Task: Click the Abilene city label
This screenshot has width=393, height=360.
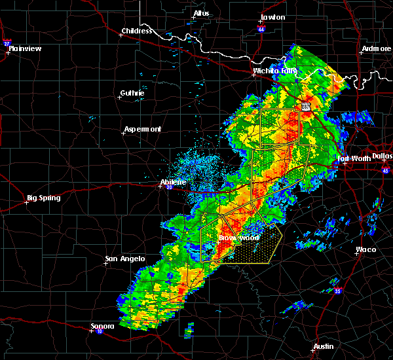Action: coord(174,182)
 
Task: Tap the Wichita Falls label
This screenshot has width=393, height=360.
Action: coord(275,71)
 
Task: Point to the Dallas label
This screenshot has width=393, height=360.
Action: coord(382,156)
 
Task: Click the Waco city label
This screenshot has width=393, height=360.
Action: coord(365,249)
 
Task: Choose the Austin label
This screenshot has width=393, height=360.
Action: coord(323,346)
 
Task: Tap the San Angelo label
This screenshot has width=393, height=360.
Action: coord(124,259)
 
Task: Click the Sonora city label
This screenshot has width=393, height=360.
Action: coord(103,326)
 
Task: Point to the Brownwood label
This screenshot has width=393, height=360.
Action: coord(239,238)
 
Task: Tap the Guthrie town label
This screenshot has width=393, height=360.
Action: coord(132,94)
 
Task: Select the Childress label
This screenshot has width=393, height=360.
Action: coord(137,31)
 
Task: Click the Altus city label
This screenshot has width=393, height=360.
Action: coord(201,13)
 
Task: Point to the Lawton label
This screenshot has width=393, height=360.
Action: coord(272,17)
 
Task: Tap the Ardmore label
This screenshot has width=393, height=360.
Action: coord(375,49)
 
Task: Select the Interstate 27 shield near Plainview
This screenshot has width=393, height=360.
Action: coord(7,43)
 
